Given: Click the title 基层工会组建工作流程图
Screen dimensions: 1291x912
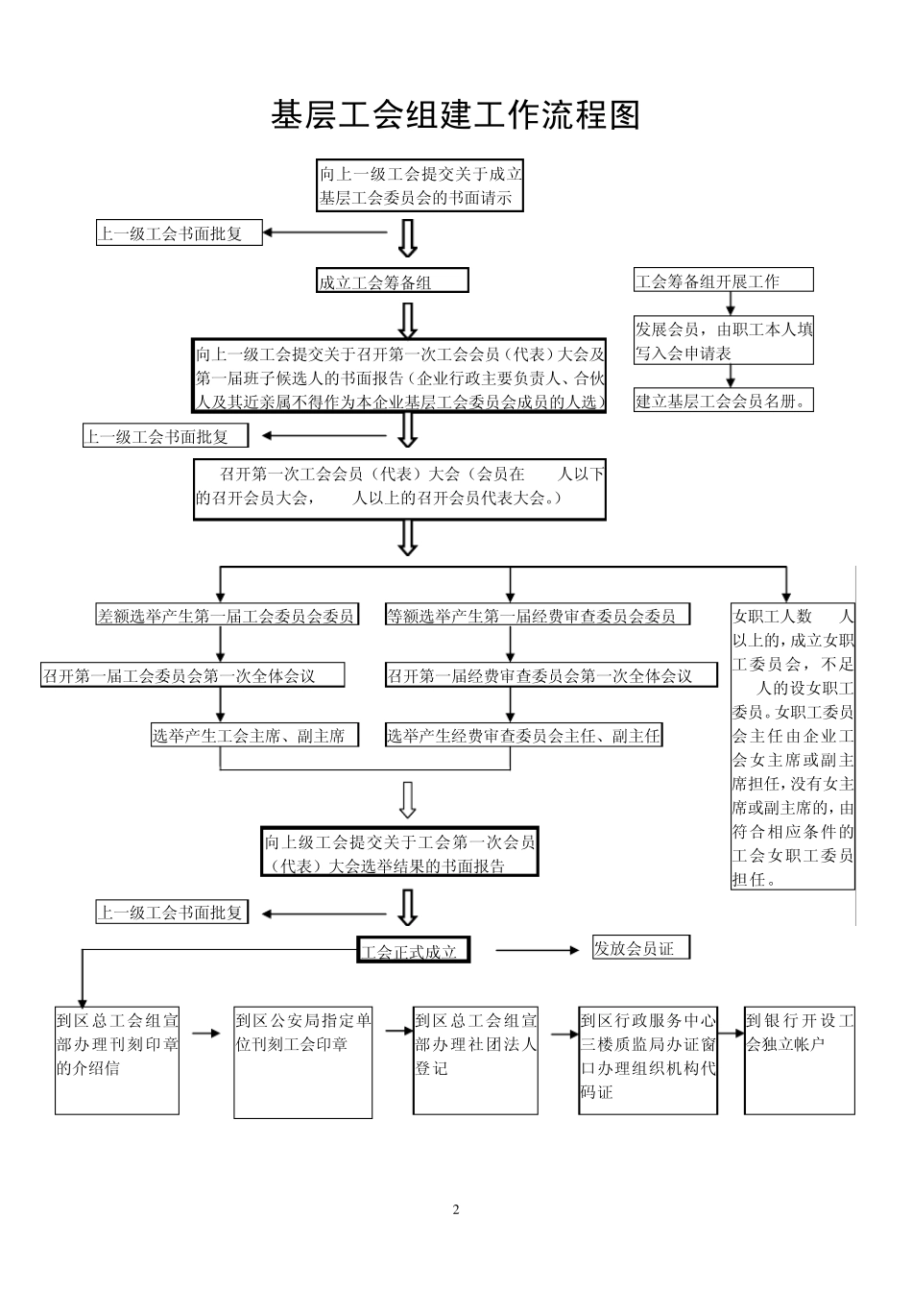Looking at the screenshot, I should [x=455, y=115].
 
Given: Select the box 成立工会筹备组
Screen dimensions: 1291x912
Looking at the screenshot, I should [x=393, y=281].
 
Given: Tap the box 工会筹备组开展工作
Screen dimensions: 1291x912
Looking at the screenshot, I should [x=723, y=280].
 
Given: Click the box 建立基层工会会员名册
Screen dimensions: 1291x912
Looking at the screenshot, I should [x=723, y=401].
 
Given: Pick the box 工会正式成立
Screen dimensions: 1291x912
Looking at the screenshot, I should [x=413, y=951].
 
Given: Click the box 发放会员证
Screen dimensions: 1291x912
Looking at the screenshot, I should [x=641, y=948].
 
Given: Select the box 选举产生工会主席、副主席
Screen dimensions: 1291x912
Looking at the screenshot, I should [x=253, y=736].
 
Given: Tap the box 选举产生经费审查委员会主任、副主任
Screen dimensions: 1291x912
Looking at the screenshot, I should [x=524, y=736].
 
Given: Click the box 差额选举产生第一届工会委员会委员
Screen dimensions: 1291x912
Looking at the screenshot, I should [x=227, y=616].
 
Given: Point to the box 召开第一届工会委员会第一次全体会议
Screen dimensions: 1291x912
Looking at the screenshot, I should [x=192, y=675].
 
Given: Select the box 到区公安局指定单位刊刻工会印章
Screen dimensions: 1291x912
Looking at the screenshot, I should [x=302, y=1062].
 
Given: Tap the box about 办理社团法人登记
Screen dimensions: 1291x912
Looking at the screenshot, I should [x=475, y=1060].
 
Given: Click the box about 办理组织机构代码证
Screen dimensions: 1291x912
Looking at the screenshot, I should [x=648, y=1060].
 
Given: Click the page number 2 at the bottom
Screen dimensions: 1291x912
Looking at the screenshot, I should [x=456, y=1208].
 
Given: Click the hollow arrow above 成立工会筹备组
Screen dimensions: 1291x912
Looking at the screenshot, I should [x=408, y=237].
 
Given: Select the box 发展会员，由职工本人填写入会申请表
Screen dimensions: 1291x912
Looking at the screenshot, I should [x=723, y=341].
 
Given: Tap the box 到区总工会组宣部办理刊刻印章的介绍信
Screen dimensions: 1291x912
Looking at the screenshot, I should [x=117, y=1060].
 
